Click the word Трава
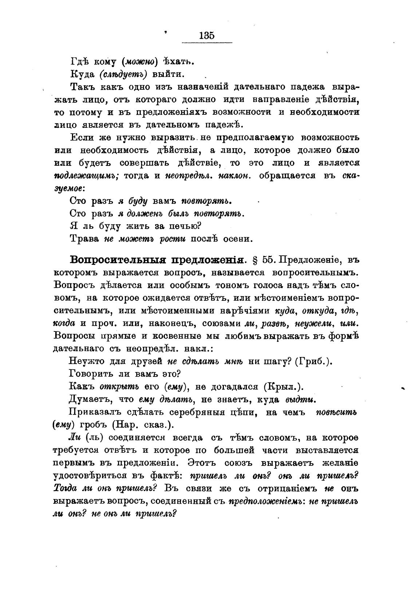(x=84, y=239)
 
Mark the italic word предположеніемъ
(x=267, y=501)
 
